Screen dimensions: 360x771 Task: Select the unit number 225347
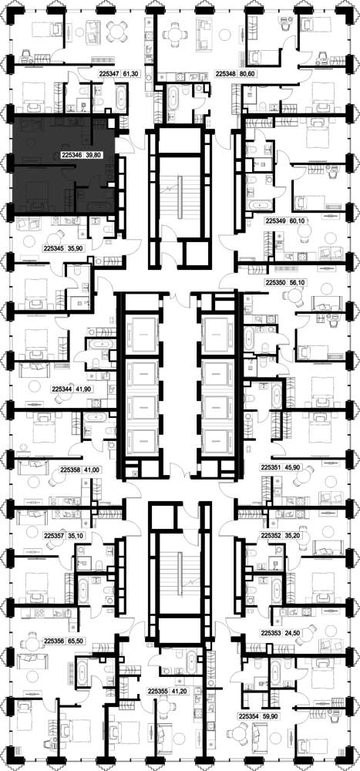pyautogui.click(x=109, y=74)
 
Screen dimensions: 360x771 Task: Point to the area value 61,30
pyautogui.click(x=130, y=74)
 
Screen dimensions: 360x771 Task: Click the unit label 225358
pyautogui.click(x=70, y=470)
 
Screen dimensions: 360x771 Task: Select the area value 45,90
pyautogui.click(x=291, y=468)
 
